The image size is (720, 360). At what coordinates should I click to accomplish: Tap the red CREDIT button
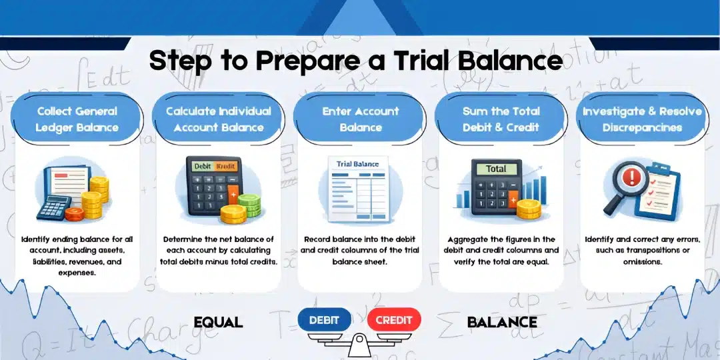393,320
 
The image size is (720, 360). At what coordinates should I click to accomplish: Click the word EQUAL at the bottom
218,323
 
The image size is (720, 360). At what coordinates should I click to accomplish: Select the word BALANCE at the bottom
502,323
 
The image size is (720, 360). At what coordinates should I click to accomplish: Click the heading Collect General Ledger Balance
77,119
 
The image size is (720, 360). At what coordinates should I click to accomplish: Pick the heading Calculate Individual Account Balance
219,119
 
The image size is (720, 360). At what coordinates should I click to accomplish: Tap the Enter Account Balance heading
360,119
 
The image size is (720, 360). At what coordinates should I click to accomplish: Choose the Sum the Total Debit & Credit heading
501,119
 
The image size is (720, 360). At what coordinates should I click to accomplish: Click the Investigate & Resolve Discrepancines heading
643,119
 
